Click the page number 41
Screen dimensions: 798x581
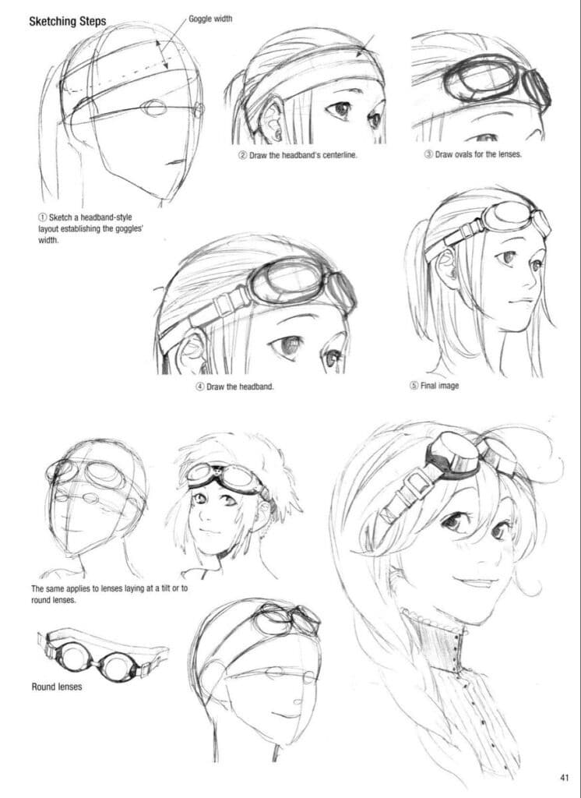(x=565, y=776)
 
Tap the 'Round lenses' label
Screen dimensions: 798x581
(x=56, y=687)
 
